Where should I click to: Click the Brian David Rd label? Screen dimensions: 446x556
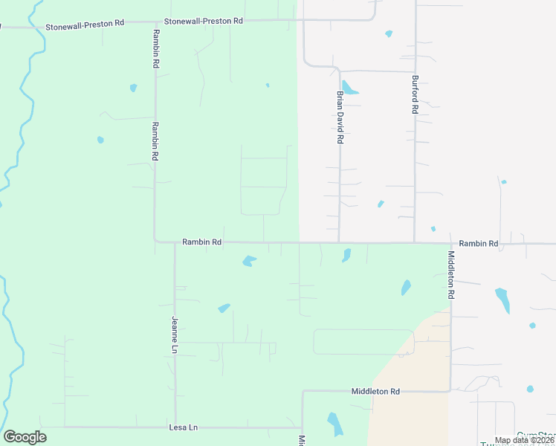point(340,117)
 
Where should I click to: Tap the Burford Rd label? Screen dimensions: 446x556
point(415,94)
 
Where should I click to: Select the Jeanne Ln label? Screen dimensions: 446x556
point(175,334)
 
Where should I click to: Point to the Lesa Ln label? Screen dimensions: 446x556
point(184,427)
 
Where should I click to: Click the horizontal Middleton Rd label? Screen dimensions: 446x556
point(375,391)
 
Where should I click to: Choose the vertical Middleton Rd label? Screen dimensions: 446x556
point(450,275)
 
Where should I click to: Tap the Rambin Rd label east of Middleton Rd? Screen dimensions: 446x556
point(478,243)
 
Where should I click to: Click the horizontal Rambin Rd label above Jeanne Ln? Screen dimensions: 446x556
point(201,242)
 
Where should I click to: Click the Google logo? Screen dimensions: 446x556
point(25,437)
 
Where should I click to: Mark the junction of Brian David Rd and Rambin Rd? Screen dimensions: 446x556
point(340,242)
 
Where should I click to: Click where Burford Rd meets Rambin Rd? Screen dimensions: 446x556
point(415,242)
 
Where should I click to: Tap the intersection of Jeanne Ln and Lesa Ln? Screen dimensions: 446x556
point(175,427)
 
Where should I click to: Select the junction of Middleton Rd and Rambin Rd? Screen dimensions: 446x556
point(450,243)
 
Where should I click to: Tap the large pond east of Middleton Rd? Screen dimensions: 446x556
point(503,299)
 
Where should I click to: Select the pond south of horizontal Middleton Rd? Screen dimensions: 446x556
point(335,423)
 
